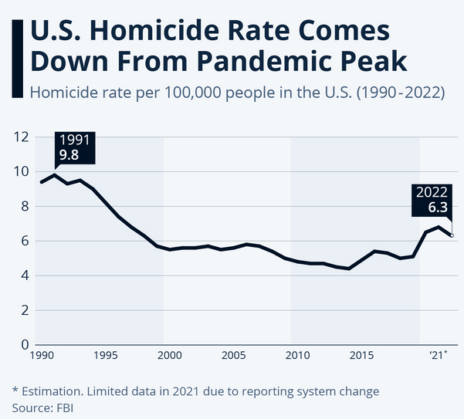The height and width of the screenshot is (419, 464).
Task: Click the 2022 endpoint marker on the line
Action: pyautogui.click(x=452, y=235)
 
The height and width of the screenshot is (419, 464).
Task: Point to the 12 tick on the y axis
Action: pyautogui.click(x=21, y=137)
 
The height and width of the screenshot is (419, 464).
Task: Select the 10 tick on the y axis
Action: pyautogui.click(x=21, y=172)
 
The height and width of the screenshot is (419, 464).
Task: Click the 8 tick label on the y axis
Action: pyautogui.click(x=24, y=207)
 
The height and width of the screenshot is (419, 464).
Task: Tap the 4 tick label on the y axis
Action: pyautogui.click(x=24, y=275)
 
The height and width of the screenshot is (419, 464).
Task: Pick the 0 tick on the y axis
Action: pyautogui.click(x=24, y=344)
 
